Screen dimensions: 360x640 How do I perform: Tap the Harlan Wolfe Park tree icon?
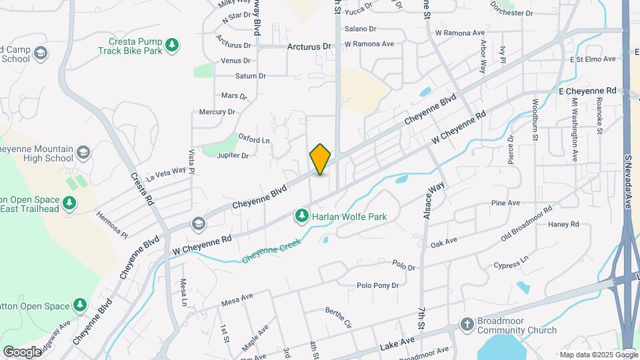tap(301, 216)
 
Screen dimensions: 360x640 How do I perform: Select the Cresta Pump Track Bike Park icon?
tap(173, 45)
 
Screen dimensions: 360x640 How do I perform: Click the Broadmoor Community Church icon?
tap(467, 325)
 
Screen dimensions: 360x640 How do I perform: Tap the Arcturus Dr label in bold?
tap(309, 47)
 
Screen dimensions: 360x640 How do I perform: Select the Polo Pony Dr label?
tap(377, 285)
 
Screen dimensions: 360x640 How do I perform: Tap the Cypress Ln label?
tap(511, 261)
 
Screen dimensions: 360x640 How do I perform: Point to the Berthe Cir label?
tap(338, 317)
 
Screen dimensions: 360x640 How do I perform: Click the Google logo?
tap(22, 351)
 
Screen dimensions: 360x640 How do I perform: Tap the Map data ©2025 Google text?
tap(598, 354)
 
